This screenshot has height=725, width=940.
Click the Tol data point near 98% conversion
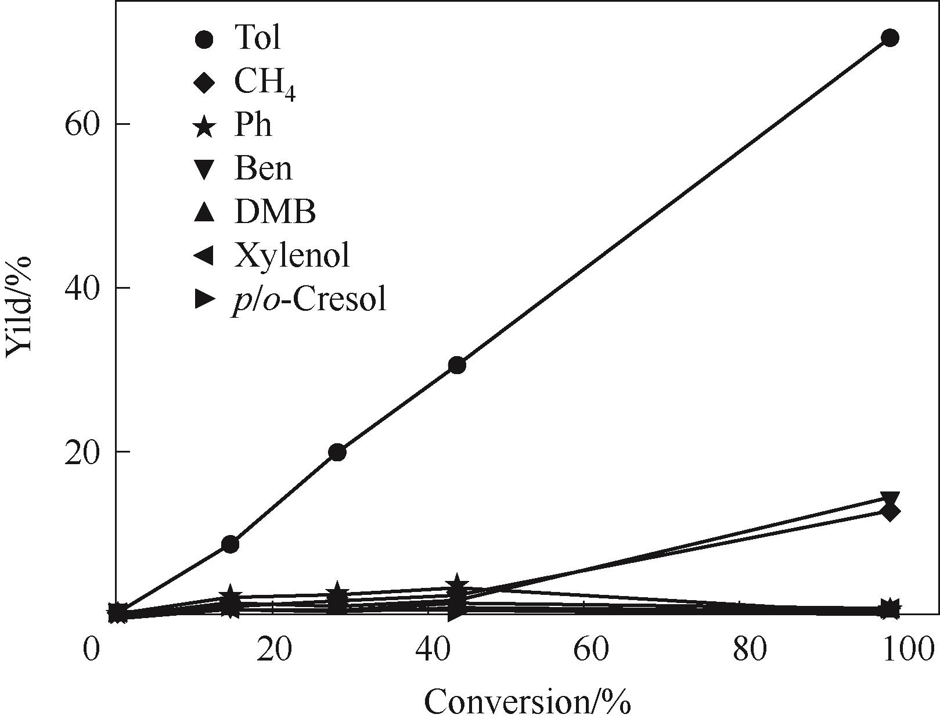click(889, 38)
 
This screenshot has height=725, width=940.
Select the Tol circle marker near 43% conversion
click(457, 365)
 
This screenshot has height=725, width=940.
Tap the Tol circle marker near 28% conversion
click(337, 452)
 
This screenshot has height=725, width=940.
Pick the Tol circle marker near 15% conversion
click(231, 544)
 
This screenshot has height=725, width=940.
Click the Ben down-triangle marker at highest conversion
click(889, 498)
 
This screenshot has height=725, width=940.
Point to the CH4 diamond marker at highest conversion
click(889, 512)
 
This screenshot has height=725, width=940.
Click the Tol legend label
click(257, 38)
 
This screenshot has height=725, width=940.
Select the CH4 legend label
click(265, 82)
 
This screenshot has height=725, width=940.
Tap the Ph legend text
click(253, 125)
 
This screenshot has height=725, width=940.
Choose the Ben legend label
click(262, 168)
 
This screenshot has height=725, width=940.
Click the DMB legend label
click(275, 212)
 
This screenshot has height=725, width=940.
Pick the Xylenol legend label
click(292, 255)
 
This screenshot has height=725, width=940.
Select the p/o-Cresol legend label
click(309, 300)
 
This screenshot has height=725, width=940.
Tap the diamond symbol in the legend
click(204, 82)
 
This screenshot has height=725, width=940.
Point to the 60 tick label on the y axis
click(82, 124)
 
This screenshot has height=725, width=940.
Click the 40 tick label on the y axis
click(82, 288)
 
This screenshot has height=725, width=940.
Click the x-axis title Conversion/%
click(527, 702)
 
